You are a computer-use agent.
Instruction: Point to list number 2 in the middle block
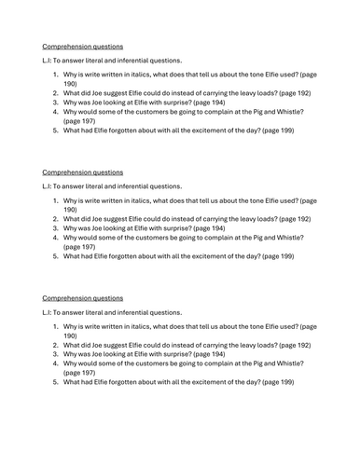(x=55, y=215)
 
